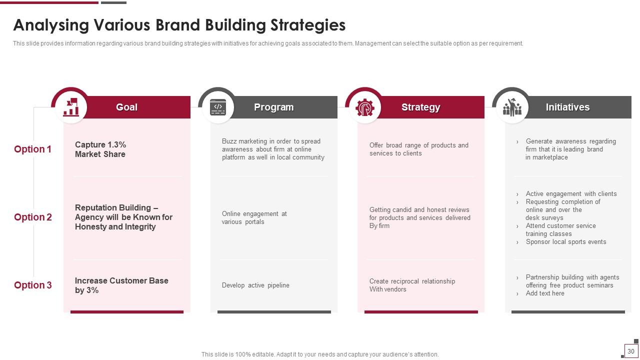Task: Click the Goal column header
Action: coord(126,107)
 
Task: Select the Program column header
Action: coord(273,107)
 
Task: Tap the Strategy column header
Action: coord(420,107)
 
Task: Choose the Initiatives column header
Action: coord(567,107)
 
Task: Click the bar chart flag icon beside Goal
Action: coord(71,107)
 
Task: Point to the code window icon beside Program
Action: coord(218,107)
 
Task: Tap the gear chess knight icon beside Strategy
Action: coord(365,107)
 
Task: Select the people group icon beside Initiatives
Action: coord(512,107)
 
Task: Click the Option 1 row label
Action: coord(32,149)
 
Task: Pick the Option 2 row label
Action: coord(33,217)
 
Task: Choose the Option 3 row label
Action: coord(33,285)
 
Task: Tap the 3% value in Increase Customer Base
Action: coord(92,290)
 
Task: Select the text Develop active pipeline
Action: coord(255,285)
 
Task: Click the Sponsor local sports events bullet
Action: coord(565,241)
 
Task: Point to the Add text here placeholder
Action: coord(545,293)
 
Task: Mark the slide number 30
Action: coord(631,351)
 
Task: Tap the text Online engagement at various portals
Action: coord(254,217)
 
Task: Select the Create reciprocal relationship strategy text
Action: coord(412,285)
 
